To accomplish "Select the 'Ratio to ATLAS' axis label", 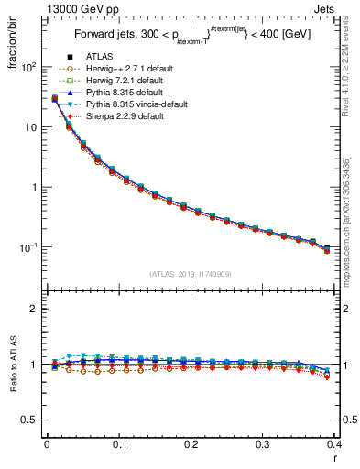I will point(12,366).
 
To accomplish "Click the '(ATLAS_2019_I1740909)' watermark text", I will point(190,274).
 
